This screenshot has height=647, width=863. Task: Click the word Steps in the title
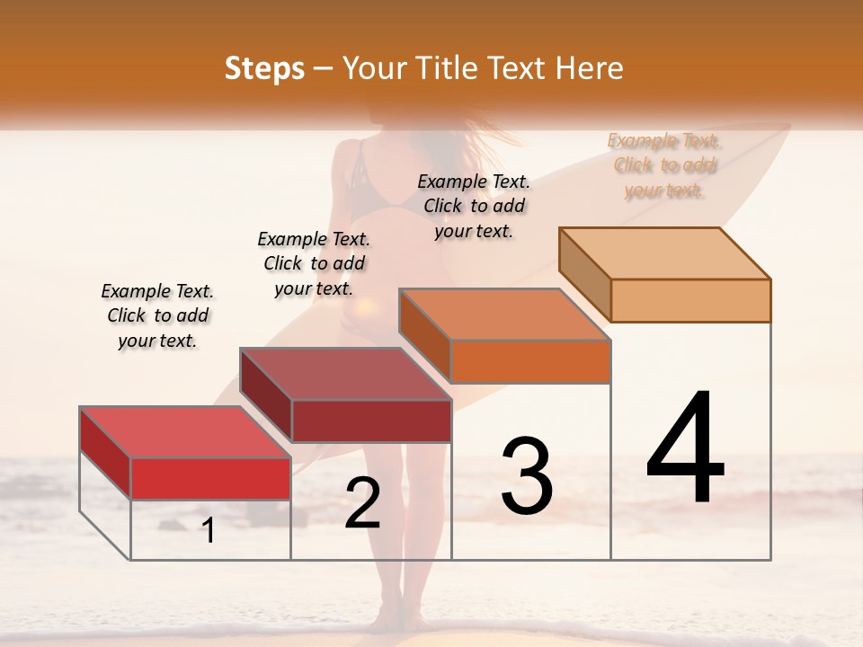tap(264, 68)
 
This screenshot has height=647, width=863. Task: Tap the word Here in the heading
tap(589, 68)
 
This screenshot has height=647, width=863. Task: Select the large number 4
tap(685, 449)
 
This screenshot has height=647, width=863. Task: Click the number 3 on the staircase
tap(527, 476)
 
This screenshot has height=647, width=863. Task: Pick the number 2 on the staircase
tap(362, 503)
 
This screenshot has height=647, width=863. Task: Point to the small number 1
tap(209, 530)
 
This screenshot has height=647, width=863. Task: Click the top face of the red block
tap(184, 432)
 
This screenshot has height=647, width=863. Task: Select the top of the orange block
tap(504, 315)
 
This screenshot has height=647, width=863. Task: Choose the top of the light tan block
tap(664, 253)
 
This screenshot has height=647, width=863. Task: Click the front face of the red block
tap(210, 478)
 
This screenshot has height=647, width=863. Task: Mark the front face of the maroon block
tap(371, 421)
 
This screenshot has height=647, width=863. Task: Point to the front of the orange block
tap(530, 361)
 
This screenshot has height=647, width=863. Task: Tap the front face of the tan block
tap(690, 300)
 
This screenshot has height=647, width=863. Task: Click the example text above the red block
tap(157, 315)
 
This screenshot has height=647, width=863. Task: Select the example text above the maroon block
tap(314, 263)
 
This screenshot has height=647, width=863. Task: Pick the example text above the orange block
tap(474, 206)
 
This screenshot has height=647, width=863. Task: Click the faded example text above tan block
tap(664, 165)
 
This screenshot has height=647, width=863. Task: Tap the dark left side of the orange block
tap(424, 334)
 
